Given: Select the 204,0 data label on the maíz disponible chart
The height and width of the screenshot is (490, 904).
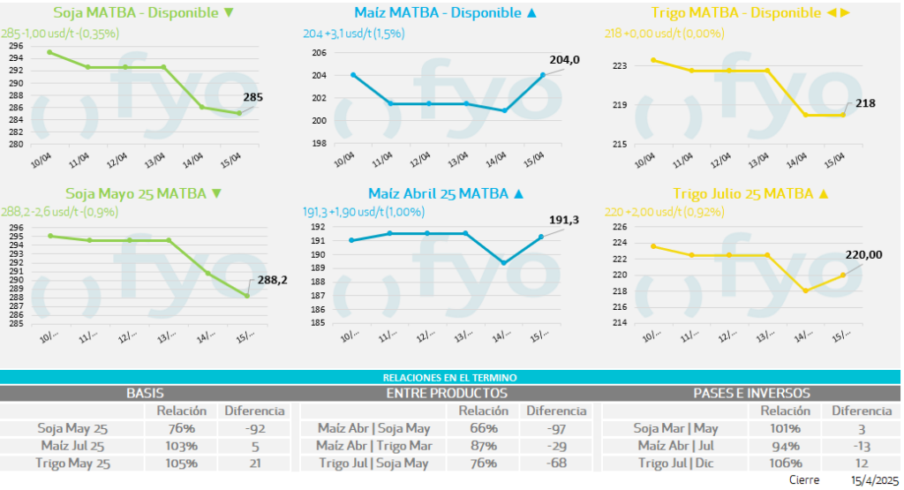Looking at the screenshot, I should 564,60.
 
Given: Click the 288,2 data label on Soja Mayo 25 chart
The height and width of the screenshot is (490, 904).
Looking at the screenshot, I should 273,280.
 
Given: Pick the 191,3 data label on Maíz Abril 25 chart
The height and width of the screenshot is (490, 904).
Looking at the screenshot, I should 563,220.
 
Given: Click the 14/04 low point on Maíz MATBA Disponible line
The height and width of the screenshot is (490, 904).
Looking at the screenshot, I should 504,110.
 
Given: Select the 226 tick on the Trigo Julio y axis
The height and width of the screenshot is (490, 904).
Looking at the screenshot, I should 619,227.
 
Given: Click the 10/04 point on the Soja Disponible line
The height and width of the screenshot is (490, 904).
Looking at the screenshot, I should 49,52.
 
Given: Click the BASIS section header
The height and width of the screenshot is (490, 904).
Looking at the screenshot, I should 145,393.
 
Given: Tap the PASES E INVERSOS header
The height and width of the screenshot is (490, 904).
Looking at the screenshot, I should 751,393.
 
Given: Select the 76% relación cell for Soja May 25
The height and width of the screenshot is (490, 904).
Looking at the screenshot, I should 181,428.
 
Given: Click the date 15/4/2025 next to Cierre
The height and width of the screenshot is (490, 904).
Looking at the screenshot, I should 873,480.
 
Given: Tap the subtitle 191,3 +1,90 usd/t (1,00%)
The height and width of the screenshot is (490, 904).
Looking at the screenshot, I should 364,212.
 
